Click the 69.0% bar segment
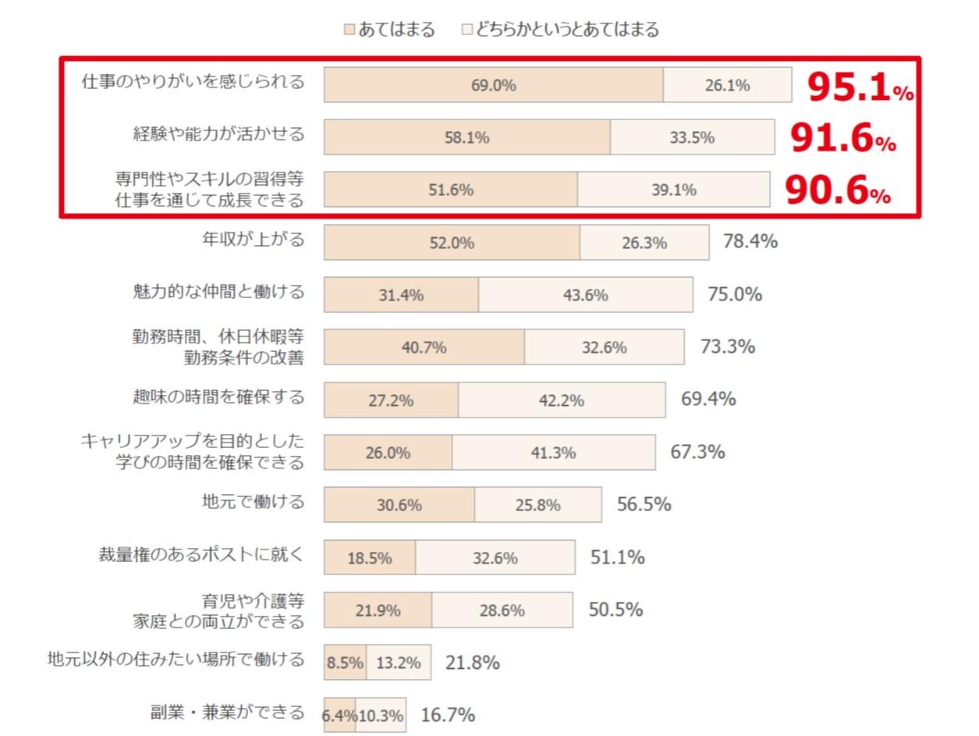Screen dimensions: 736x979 click(493, 85)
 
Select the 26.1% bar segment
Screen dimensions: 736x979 click(727, 85)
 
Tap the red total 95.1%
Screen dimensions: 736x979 click(859, 87)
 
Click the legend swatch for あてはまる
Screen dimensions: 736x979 click(349, 30)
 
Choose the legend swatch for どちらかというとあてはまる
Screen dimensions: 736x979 click(467, 30)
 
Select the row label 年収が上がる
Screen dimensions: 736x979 click(253, 239)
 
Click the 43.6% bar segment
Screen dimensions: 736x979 click(585, 295)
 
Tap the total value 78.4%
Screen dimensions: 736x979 click(750, 242)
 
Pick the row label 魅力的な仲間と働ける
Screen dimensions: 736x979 click(218, 292)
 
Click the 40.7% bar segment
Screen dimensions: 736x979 click(424, 347)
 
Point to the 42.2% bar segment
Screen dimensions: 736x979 click(561, 400)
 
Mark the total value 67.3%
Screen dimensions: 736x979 click(697, 453)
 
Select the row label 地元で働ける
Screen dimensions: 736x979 click(253, 501)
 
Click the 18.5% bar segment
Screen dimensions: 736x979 click(370, 558)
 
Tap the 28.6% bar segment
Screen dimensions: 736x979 click(502, 610)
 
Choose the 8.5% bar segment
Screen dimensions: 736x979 click(345, 663)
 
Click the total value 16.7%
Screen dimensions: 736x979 click(448, 715)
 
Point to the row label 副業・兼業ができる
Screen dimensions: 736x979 click(227, 712)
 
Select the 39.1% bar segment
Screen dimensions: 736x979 click(673, 190)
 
